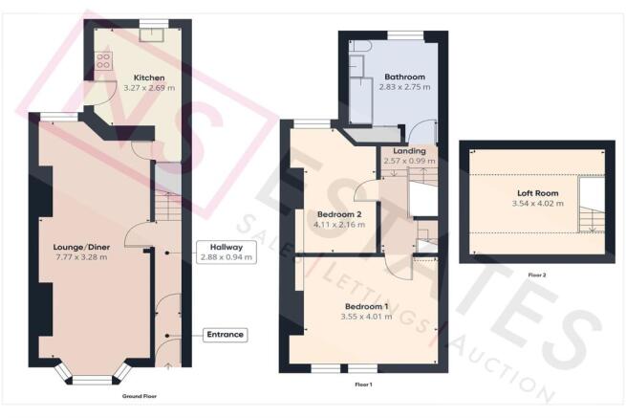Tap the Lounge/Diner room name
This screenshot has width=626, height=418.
[82, 246]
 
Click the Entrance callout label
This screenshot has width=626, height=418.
[226, 335]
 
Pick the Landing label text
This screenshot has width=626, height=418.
[408, 151]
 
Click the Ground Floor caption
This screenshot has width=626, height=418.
[140, 395]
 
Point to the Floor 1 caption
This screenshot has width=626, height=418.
[363, 385]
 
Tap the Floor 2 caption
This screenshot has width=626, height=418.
[537, 275]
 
